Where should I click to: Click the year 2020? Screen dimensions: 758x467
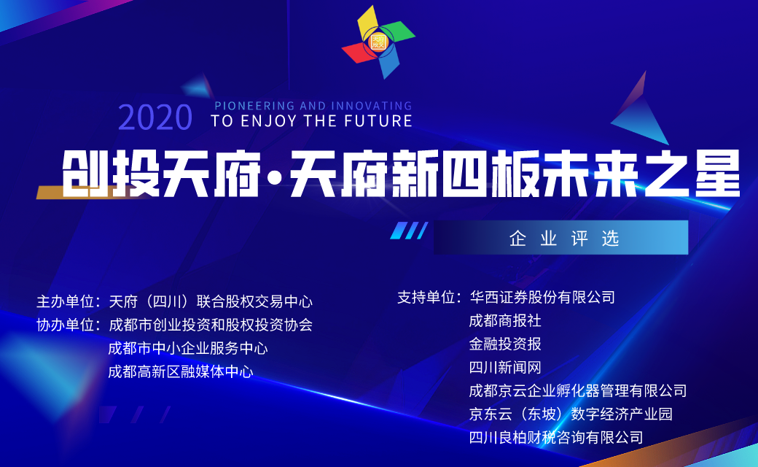point(155,117)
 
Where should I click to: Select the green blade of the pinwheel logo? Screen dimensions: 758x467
point(398,32)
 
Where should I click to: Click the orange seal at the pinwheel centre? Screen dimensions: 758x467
point(378,42)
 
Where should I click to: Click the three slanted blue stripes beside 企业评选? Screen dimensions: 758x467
point(409,231)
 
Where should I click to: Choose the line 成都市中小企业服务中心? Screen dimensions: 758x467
point(187,349)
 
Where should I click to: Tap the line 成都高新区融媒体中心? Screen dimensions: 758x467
point(180,371)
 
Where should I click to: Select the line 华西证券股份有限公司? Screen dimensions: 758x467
point(542,297)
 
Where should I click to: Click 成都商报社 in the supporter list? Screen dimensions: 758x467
point(505,320)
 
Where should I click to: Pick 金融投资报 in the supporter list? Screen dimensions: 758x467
point(505,344)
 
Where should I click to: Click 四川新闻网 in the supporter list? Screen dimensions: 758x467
point(505,367)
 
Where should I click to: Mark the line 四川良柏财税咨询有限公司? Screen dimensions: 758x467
point(556,438)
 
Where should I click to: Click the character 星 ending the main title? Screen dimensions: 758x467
point(718,173)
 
